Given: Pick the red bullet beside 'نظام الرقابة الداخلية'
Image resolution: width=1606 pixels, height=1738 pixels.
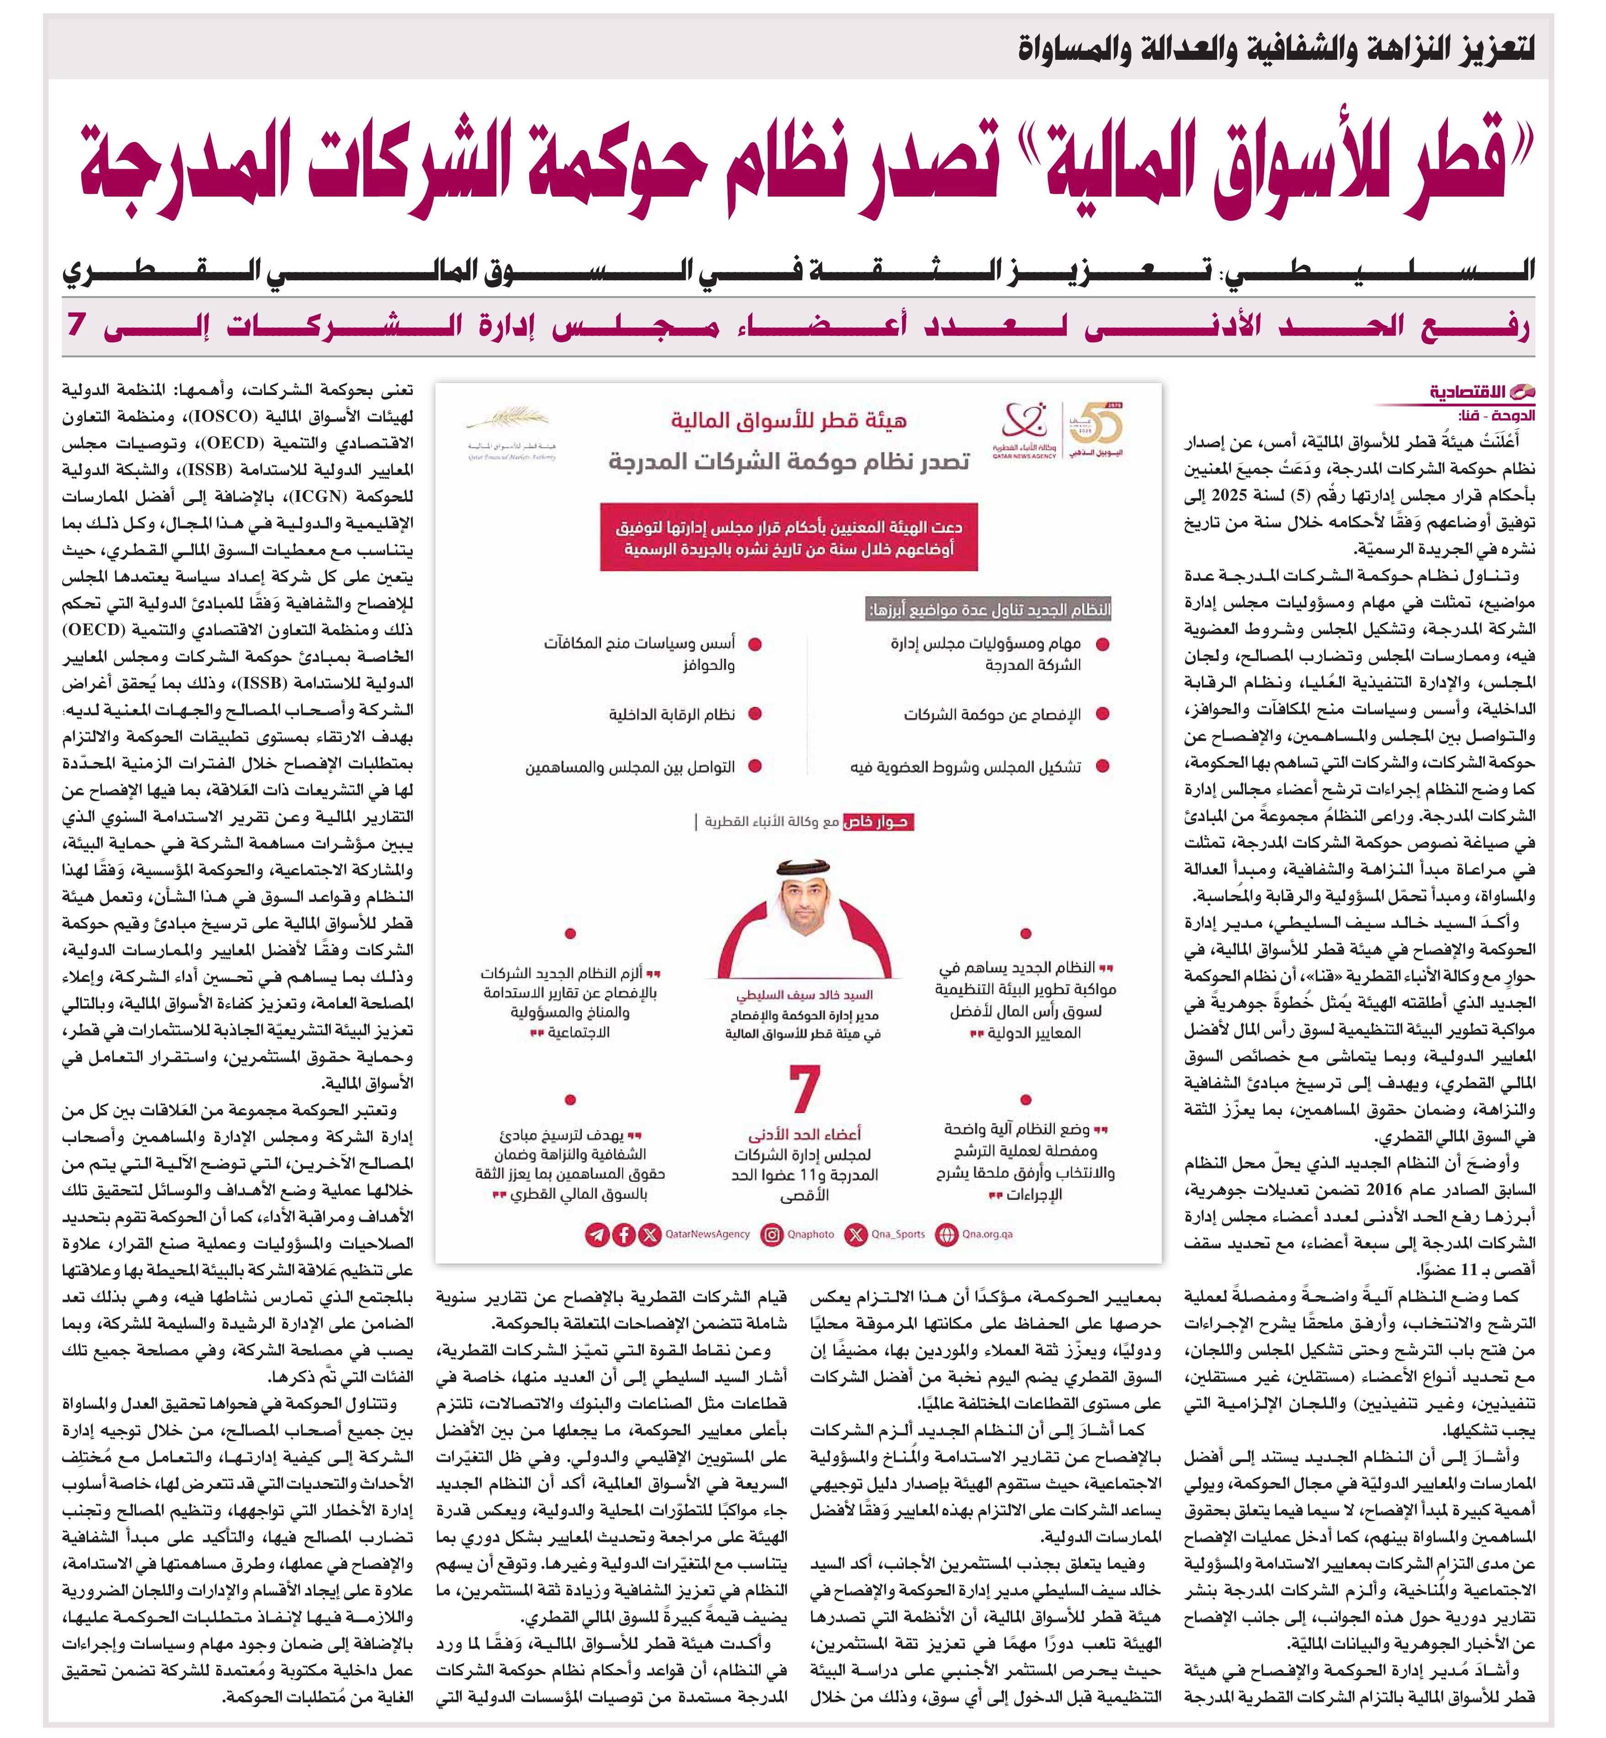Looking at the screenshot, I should point(755,714).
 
